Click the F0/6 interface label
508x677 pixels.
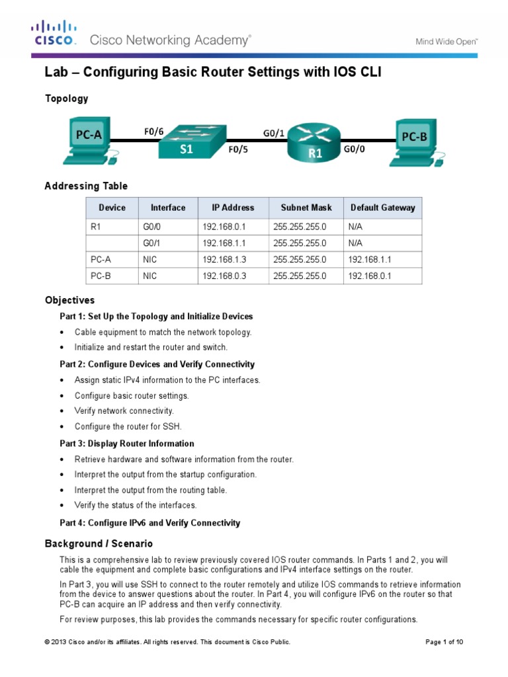point(153,132)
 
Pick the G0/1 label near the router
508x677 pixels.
point(274,133)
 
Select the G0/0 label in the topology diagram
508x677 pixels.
point(354,150)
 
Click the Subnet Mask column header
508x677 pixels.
point(306,208)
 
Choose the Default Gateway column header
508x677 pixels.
point(382,208)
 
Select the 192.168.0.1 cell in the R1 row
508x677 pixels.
point(224,227)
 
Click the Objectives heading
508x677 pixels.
point(69,300)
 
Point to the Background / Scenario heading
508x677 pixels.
point(99,543)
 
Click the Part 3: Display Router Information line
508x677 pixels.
point(127,444)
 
